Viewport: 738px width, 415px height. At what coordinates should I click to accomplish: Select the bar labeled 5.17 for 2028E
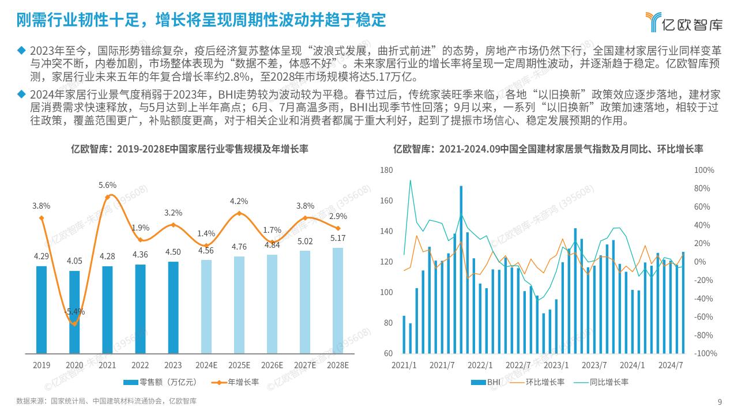(337, 300)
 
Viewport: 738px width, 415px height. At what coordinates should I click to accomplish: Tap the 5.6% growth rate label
(107, 185)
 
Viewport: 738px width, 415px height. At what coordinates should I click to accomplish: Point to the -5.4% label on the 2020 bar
(74, 311)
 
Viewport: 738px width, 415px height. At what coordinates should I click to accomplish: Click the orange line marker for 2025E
(239, 214)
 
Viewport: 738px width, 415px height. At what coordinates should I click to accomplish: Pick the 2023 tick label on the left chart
(173, 365)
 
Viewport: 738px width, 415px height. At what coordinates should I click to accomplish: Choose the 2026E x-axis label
(272, 365)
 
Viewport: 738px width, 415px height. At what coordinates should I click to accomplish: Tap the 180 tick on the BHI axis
(386, 171)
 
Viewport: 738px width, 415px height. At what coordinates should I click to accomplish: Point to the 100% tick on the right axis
(704, 171)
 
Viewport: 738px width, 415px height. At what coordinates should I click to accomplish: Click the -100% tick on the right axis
(703, 353)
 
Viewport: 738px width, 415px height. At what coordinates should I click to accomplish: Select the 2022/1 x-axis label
(480, 365)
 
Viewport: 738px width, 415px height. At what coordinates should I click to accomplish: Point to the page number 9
(720, 402)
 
